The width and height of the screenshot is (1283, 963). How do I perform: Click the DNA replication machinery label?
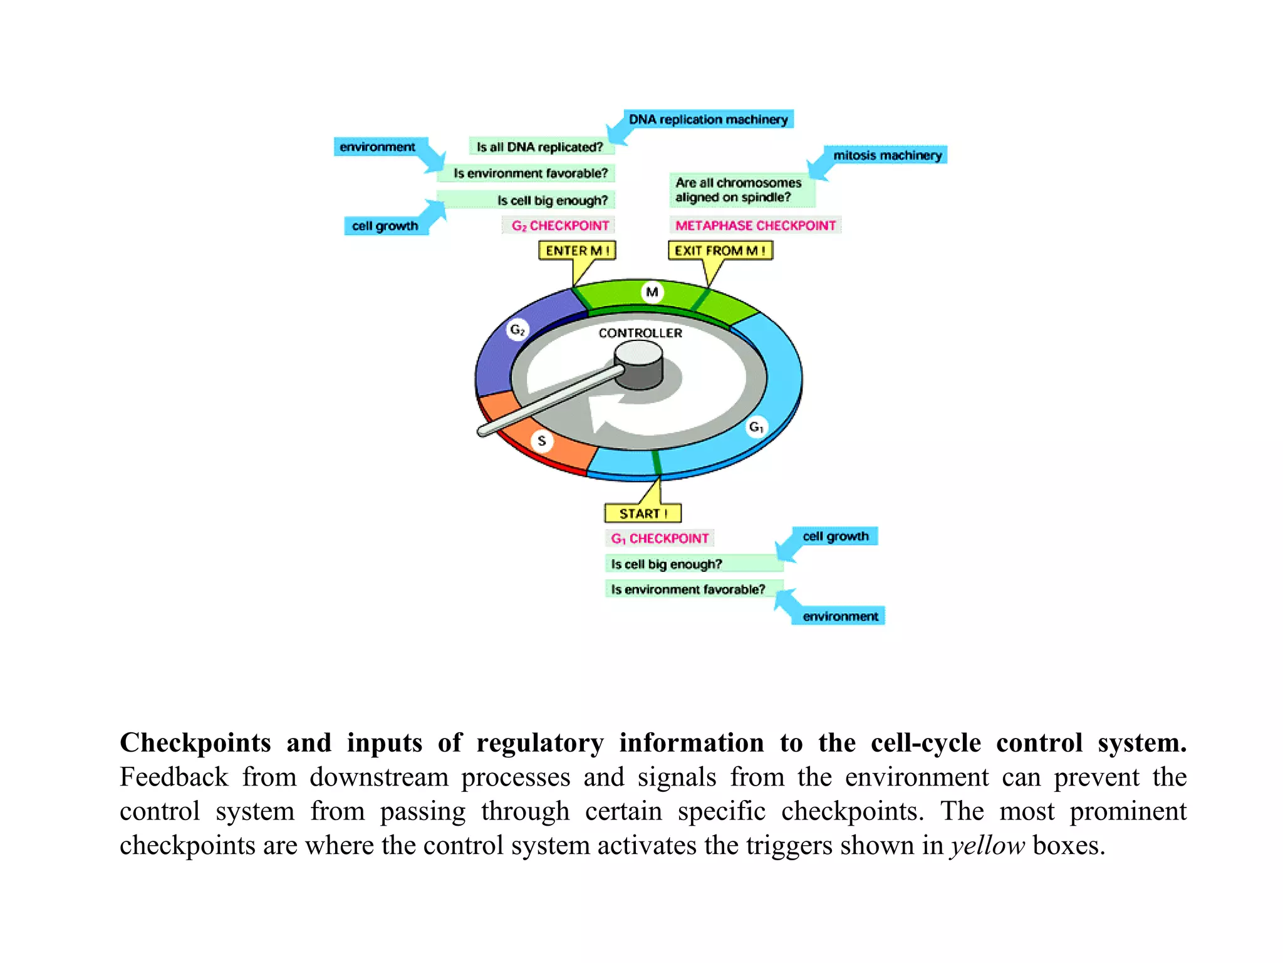708,119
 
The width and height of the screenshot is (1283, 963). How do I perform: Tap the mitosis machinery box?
887,155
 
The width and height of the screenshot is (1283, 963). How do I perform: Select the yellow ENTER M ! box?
577,250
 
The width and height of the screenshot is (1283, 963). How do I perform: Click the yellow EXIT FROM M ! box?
720,250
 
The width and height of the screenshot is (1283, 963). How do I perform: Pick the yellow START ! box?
643,513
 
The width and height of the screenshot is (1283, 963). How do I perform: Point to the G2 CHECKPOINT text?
559,225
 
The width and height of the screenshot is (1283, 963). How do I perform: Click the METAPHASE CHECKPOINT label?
755,225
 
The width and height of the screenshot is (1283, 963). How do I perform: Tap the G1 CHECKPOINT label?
660,539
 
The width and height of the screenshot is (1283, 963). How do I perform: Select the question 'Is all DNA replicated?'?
539,147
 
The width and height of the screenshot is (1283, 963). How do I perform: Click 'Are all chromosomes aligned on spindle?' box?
739,190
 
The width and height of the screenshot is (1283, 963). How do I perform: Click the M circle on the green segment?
652,292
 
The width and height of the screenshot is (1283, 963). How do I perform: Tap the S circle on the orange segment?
542,441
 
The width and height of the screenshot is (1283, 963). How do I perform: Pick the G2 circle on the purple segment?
517,329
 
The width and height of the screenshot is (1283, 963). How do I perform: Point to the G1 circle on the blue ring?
756,427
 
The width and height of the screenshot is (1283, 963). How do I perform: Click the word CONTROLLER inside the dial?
640,333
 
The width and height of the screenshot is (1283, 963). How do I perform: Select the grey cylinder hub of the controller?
639,367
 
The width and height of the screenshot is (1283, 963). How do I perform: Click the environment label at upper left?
377,147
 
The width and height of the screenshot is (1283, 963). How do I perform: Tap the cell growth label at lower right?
836,536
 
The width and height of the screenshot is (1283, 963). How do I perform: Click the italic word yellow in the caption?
987,846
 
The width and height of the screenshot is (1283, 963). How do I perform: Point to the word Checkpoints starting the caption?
195,743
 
